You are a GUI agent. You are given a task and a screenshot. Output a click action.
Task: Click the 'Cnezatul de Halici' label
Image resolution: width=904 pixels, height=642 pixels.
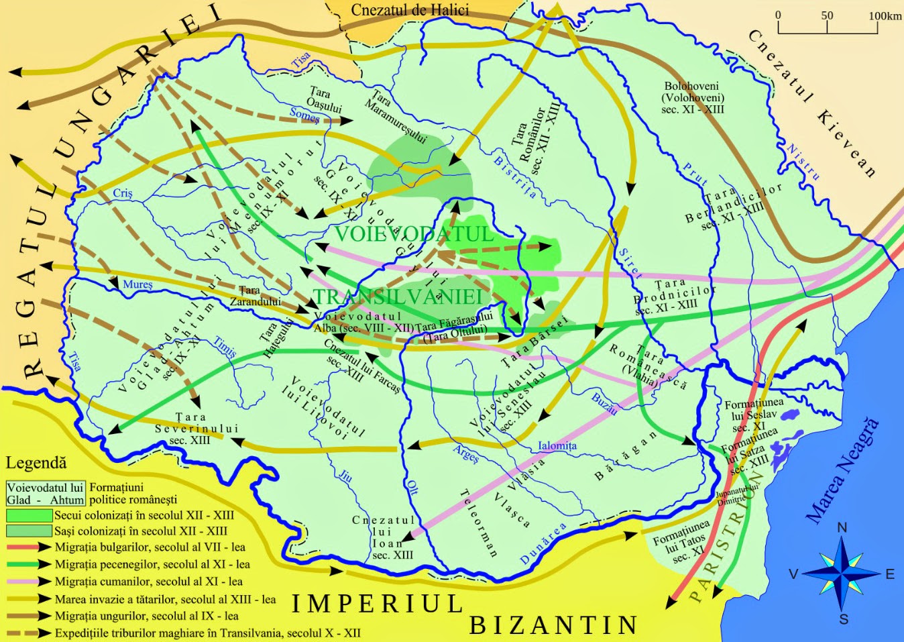tap(410, 10)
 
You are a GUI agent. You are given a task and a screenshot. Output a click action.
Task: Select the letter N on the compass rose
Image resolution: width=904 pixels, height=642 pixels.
tap(842, 527)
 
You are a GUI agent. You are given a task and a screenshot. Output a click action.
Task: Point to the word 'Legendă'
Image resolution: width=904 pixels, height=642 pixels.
tap(36, 463)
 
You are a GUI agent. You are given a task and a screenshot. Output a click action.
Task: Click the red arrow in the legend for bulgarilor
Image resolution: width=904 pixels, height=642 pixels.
tap(29, 547)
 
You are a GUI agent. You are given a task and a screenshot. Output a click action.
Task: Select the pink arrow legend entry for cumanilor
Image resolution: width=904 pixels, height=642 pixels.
tap(29, 582)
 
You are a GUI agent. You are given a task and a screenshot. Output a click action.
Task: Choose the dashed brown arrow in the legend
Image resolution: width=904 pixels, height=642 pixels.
tap(29, 633)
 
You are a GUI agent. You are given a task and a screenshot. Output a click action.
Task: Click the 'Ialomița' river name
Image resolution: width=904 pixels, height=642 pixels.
tap(557, 445)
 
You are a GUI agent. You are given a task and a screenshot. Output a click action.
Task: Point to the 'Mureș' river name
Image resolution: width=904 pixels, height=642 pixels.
tap(137, 284)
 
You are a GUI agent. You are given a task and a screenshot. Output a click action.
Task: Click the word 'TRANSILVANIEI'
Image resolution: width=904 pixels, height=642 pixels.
tap(398, 297)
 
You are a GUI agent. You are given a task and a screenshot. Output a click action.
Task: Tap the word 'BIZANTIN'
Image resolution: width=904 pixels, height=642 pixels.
tap(553, 625)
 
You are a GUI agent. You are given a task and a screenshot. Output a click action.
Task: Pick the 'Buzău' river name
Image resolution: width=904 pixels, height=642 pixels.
tap(604, 403)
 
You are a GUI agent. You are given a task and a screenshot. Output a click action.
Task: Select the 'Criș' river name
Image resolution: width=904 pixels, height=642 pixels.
tap(123, 193)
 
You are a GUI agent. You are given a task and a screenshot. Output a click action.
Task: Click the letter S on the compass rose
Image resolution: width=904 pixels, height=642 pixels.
tap(844, 619)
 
